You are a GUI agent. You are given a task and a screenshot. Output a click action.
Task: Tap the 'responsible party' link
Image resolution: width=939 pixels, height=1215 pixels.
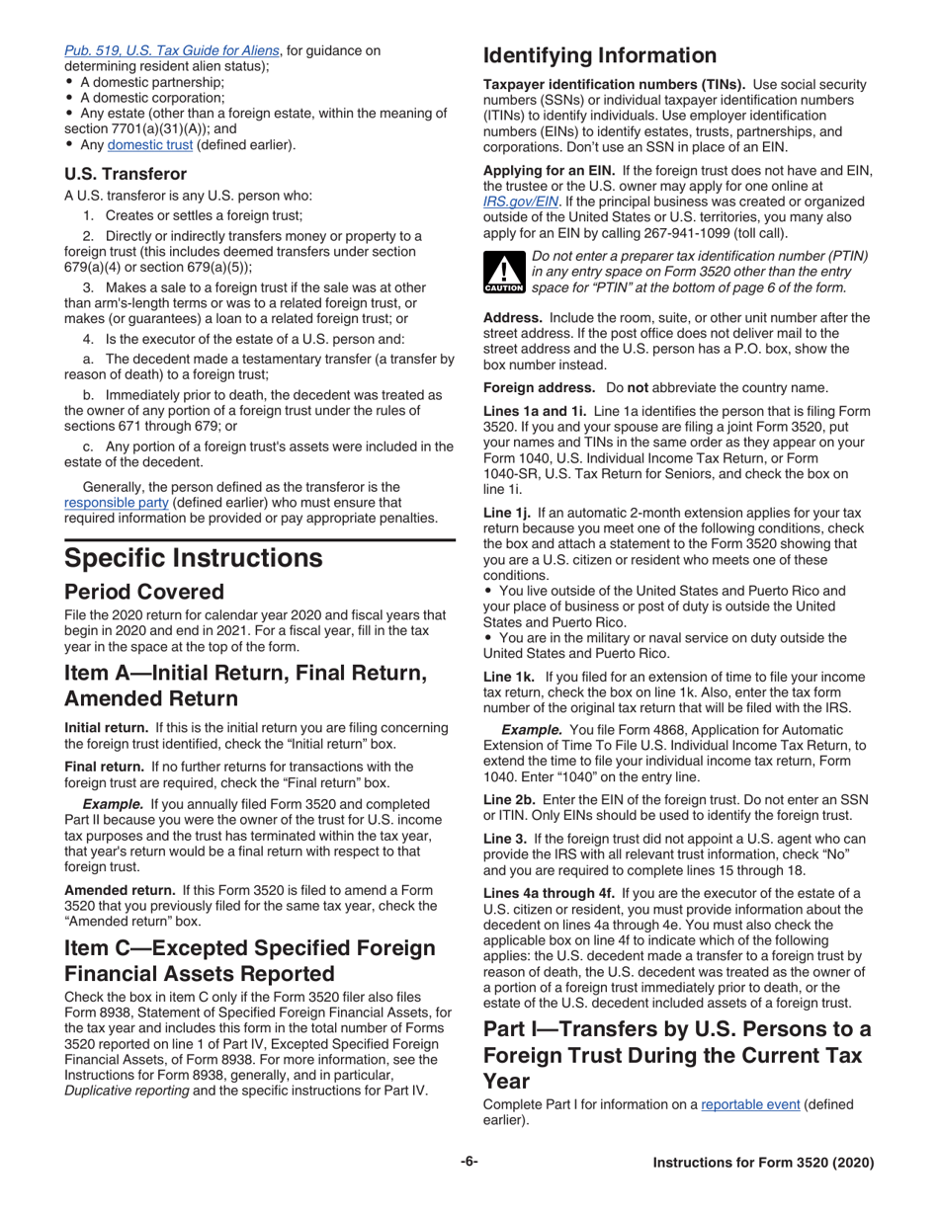click(x=116, y=502)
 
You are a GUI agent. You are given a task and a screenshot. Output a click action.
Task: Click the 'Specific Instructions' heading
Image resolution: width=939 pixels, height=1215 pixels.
click(x=193, y=558)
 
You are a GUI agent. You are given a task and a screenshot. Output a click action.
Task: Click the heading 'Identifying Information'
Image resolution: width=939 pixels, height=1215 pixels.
click(x=599, y=55)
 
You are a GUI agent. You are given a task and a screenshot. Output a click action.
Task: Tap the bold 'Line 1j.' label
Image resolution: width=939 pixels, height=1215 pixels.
click(x=507, y=513)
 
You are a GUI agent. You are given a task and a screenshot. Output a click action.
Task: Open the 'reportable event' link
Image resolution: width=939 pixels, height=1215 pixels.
click(x=750, y=1104)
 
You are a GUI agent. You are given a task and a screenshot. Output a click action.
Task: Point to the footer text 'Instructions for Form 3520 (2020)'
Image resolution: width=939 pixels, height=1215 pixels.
click(x=763, y=1163)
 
